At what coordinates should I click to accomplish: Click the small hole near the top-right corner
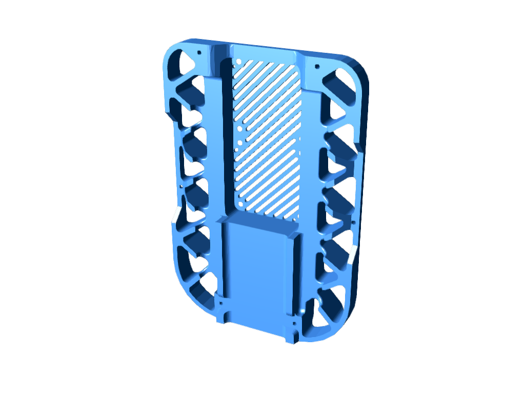[x=316, y=66]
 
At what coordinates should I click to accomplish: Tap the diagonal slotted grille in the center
[x=267, y=139]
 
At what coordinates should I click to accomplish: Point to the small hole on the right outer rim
[x=353, y=222]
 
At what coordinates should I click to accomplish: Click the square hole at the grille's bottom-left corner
[x=239, y=205]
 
